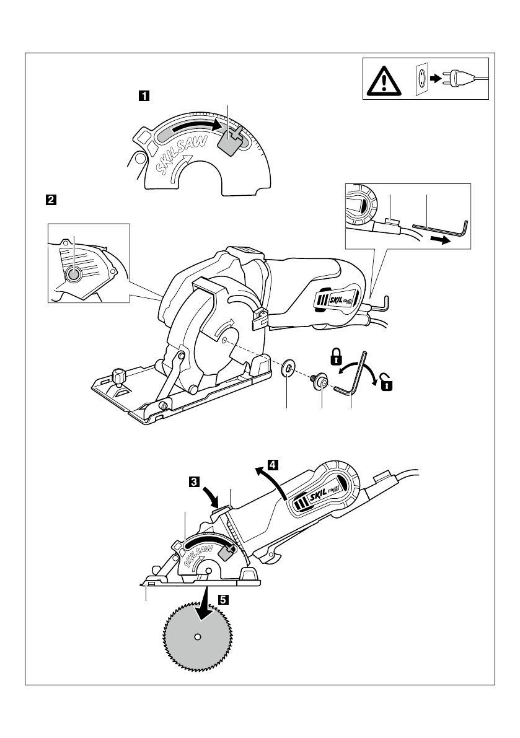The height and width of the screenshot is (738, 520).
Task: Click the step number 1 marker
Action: (x=143, y=96)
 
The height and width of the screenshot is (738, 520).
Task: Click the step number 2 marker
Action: (x=50, y=200)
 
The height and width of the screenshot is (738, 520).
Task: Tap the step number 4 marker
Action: (x=272, y=463)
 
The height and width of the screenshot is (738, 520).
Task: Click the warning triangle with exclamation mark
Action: (x=383, y=79)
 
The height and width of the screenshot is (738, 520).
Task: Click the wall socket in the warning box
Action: (x=421, y=79)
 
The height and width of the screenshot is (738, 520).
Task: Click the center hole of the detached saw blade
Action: (x=196, y=636)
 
